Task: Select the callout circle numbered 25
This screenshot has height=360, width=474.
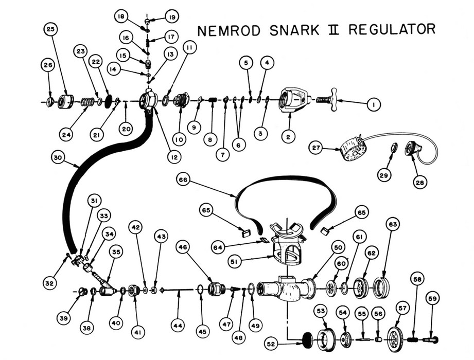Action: pyautogui.click(x=50, y=30)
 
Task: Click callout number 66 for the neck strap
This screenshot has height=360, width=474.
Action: pyautogui.click(x=183, y=180)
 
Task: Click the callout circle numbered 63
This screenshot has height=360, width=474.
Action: pyautogui.click(x=393, y=225)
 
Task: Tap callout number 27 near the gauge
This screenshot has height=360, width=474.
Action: pyautogui.click(x=316, y=148)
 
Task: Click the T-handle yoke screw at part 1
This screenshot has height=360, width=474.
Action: pyautogui.click(x=330, y=99)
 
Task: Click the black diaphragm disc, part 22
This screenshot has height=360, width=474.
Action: pyautogui.click(x=109, y=100)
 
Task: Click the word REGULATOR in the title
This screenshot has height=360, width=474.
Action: pyautogui.click(x=391, y=29)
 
